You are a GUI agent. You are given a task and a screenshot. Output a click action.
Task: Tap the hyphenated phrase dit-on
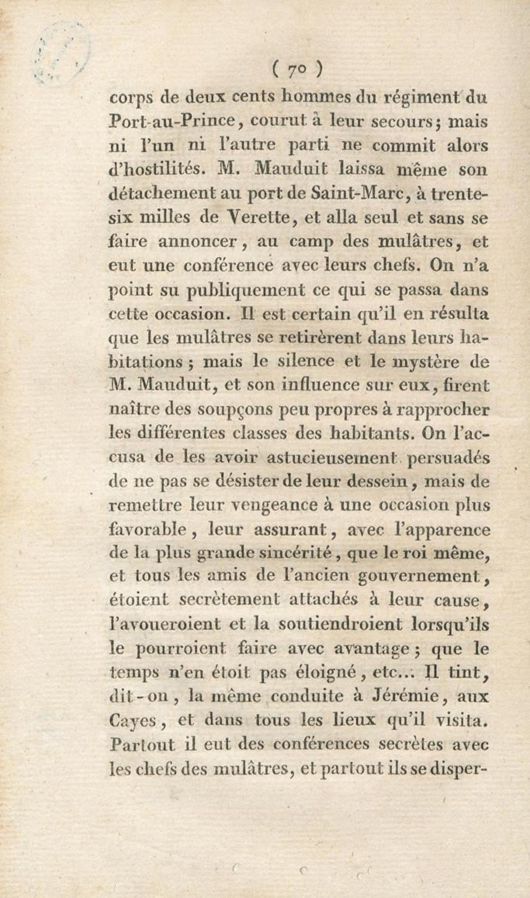point(140,697)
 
